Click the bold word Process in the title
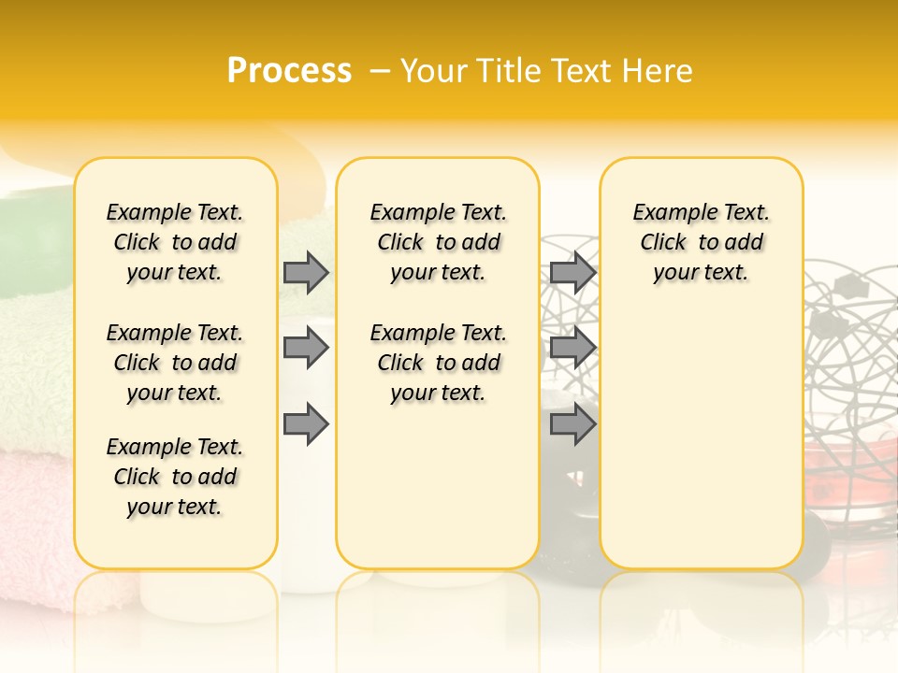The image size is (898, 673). tap(289, 71)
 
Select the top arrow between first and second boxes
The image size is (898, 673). tap(306, 272)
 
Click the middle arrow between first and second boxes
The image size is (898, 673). tap(306, 349)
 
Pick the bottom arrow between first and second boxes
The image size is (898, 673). tap(306, 424)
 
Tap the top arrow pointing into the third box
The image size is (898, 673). tap(572, 272)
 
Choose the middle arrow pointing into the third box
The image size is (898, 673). tap(572, 349)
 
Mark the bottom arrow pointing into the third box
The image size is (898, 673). tap(572, 424)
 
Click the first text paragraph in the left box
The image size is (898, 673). tap(175, 242)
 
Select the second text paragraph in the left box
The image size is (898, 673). tap(175, 363)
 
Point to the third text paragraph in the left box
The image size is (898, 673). tap(175, 477)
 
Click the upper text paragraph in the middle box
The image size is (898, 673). tap(438, 242)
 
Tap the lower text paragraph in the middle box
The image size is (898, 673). tap(438, 363)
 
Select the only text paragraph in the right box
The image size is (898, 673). tap(701, 242)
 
